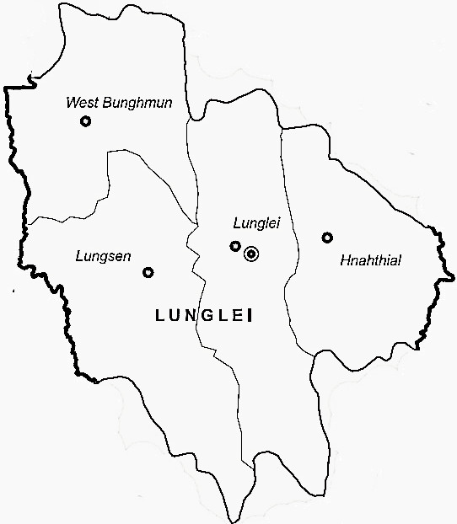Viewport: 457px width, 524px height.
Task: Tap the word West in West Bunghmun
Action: [x=80, y=104]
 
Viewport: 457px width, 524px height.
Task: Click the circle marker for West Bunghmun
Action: [x=85, y=121]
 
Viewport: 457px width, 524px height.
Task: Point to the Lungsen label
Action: [x=102, y=256]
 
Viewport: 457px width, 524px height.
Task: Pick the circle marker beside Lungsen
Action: [x=148, y=272]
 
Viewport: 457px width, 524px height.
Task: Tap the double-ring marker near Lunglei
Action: [x=250, y=253]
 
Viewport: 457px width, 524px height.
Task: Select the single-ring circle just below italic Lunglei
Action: [x=235, y=246]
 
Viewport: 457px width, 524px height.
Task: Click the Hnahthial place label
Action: [x=370, y=261]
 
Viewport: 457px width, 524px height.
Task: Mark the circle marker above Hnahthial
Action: [x=327, y=238]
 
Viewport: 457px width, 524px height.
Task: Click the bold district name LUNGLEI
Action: [x=205, y=316]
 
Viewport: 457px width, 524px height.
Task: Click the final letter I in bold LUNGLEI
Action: [x=250, y=316]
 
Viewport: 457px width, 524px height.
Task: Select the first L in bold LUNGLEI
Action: [x=161, y=316]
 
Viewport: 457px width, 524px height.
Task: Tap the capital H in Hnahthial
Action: [x=345, y=260]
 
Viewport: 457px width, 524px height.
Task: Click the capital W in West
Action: [x=71, y=104]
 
